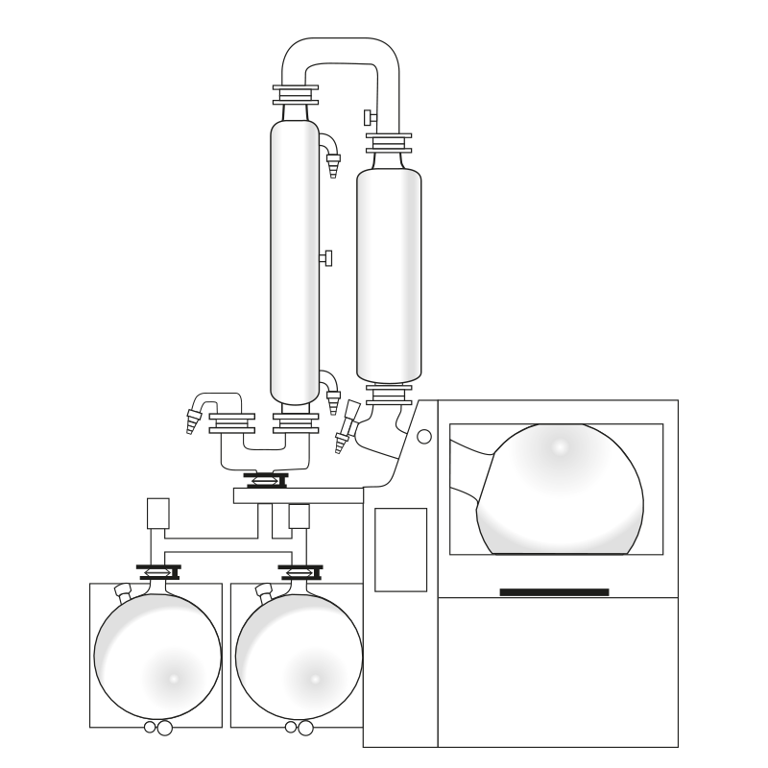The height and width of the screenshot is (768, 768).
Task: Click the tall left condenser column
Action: (x=294, y=259)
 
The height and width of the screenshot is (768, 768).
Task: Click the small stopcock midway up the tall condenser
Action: (x=326, y=258)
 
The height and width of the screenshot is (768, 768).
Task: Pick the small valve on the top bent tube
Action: (x=370, y=119)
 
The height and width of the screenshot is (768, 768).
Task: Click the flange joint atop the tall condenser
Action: (x=295, y=95)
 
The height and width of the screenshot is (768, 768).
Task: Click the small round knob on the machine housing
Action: (x=424, y=437)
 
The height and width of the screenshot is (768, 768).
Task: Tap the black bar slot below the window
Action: (x=554, y=592)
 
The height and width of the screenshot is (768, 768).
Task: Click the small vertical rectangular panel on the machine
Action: (x=400, y=549)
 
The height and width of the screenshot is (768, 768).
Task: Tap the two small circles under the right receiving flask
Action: (x=299, y=728)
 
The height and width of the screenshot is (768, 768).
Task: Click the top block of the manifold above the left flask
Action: (x=158, y=513)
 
